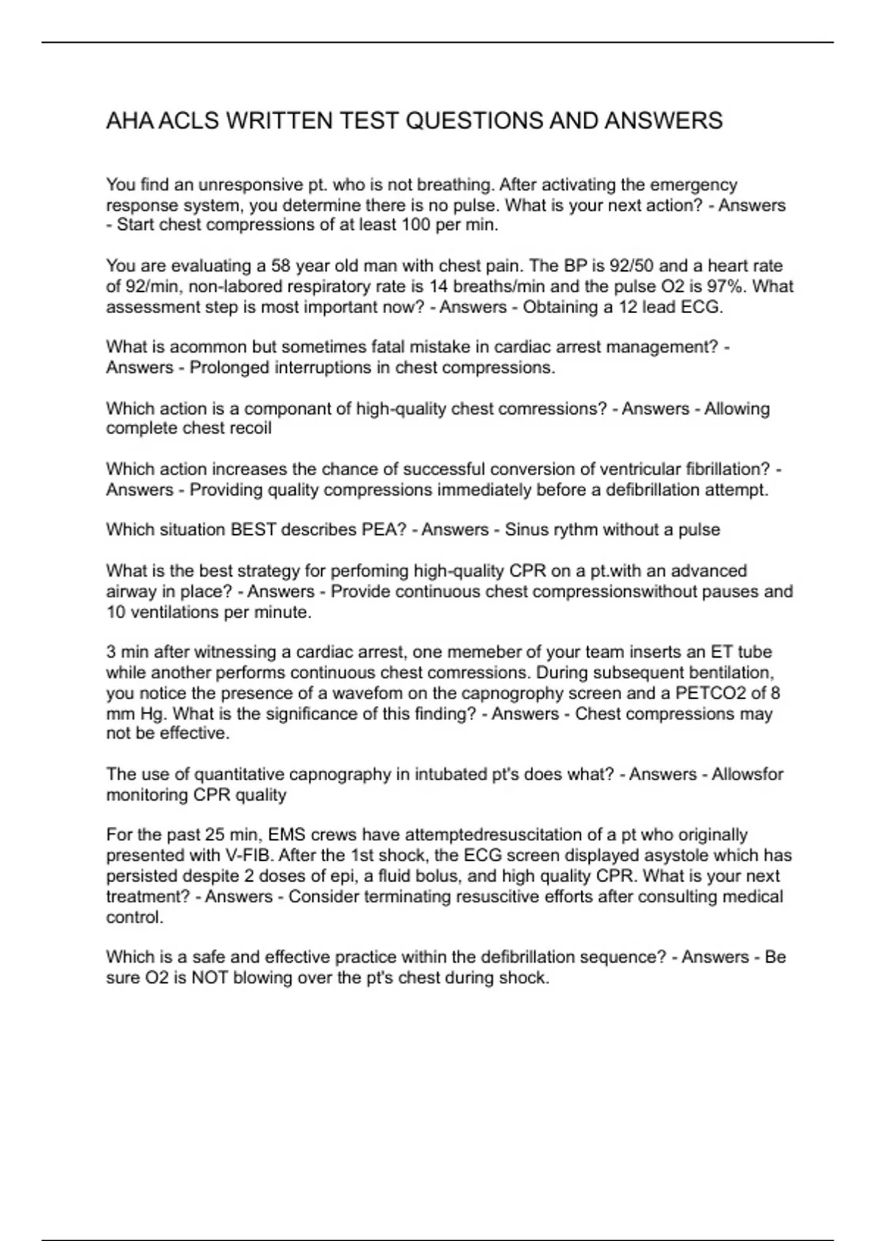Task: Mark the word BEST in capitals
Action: pyautogui.click(x=250, y=530)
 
